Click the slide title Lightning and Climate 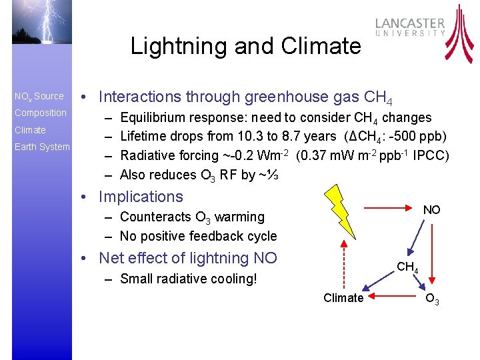click(245, 46)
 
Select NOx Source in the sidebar click(39, 96)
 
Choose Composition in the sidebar click(41, 113)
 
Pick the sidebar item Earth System click(42, 147)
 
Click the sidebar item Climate click(30, 130)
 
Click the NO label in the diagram click(432, 210)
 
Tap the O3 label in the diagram click(432, 299)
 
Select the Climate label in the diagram click(343, 298)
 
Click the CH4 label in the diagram click(407, 268)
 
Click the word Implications click(140, 197)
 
